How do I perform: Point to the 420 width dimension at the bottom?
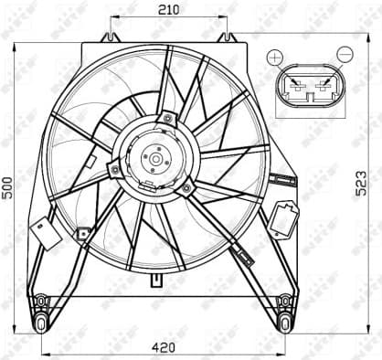coord(162,347)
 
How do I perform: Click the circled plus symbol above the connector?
coord(274,57)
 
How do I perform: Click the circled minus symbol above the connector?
coord(345,56)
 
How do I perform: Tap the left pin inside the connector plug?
coord(295,90)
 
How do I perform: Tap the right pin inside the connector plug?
coord(321,90)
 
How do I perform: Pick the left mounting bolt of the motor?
coord(114,169)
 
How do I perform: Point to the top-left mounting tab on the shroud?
coord(110,37)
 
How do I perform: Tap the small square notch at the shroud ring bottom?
coord(157,271)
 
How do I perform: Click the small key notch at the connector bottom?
coord(308,115)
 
